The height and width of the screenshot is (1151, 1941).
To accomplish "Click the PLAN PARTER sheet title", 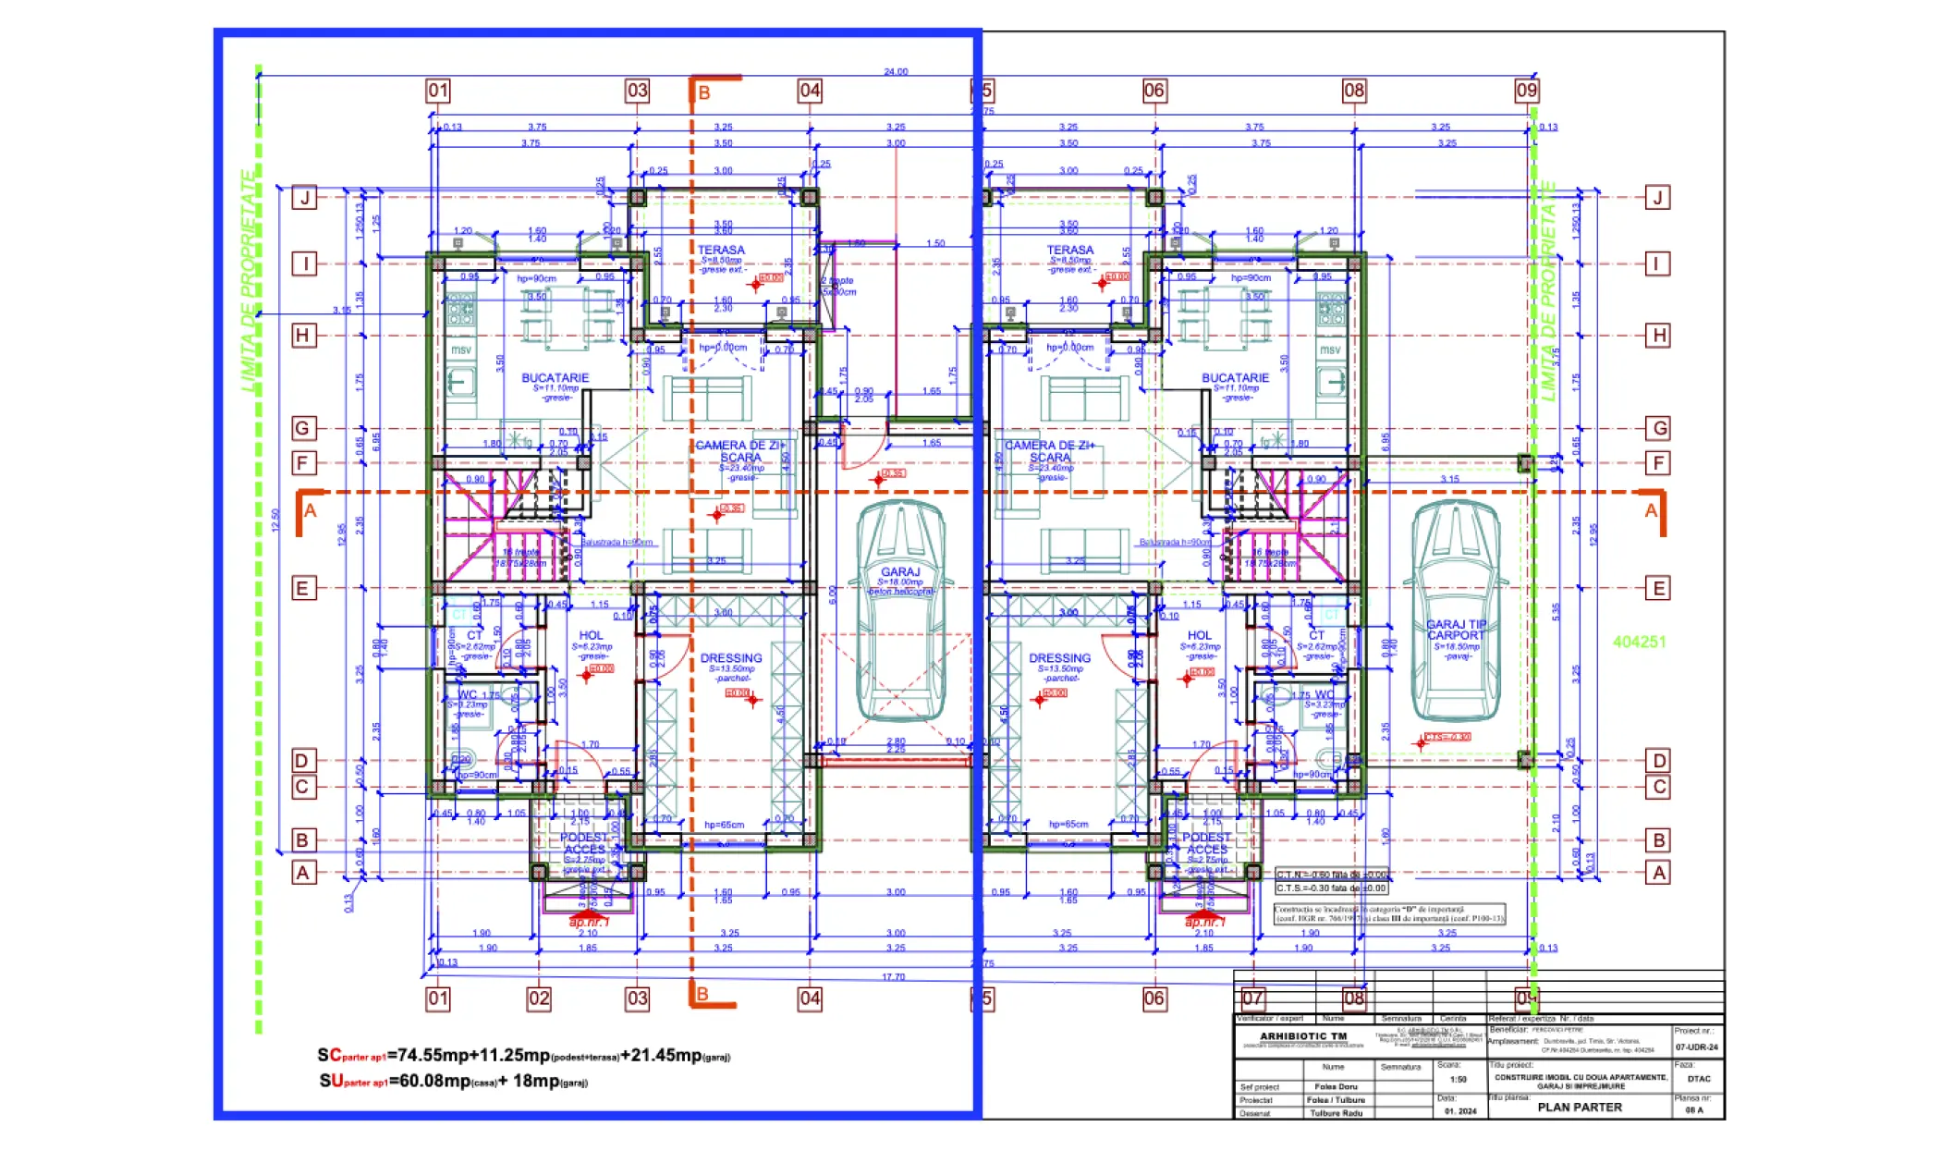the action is click(x=1579, y=1107).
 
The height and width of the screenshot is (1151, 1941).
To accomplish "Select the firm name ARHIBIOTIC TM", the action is click(x=1303, y=1036).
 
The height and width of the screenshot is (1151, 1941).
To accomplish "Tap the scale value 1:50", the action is click(x=1458, y=1079).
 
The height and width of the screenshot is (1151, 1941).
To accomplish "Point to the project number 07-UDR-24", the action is click(x=1696, y=1047).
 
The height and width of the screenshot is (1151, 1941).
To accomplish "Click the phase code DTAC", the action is click(x=1698, y=1079).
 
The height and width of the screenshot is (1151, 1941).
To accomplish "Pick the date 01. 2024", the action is click(x=1460, y=1111).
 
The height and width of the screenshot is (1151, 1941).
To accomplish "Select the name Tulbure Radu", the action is click(x=1336, y=1113).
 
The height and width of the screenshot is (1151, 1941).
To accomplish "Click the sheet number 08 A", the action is click(x=1693, y=1110).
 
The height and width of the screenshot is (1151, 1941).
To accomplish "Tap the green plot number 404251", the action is click(x=1639, y=642).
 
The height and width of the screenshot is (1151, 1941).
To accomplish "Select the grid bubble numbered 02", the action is click(x=539, y=998).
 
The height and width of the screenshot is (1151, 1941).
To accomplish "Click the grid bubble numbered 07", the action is click(x=1253, y=998).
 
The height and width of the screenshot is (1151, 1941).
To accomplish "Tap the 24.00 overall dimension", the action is click(x=896, y=71).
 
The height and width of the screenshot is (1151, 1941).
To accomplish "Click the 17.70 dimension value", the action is click(x=893, y=977).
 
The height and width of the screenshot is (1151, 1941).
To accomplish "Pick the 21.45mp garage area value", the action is click(x=667, y=1055).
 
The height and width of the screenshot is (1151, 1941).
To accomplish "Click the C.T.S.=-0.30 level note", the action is click(x=1331, y=888).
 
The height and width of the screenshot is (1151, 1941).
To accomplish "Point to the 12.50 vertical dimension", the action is click(x=275, y=520).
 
